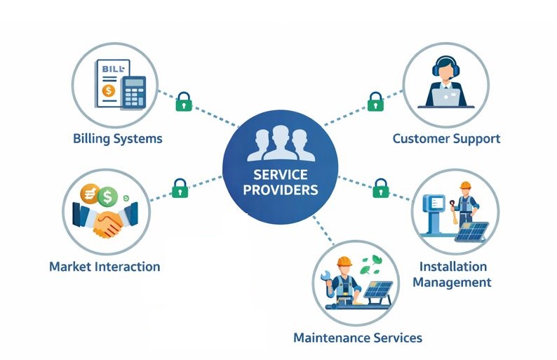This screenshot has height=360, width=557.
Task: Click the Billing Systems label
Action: coord(117,138)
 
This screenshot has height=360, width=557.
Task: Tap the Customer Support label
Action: coord(446,138)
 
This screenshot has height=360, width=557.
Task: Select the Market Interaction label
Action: coord(105,267)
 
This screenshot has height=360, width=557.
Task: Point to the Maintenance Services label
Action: coord(358,338)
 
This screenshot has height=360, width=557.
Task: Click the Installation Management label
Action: coord(452,274)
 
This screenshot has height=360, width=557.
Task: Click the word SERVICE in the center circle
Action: coord(281,174)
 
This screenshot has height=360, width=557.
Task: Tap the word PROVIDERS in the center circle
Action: coord(281,189)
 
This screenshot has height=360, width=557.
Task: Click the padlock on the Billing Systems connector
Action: coord(184,102)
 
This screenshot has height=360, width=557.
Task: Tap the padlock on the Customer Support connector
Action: coord(376,101)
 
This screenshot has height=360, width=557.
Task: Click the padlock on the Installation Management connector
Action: coord(381,187)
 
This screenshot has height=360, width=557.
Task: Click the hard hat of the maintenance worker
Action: coord(344,262)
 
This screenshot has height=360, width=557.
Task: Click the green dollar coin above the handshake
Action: coord(108,194)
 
